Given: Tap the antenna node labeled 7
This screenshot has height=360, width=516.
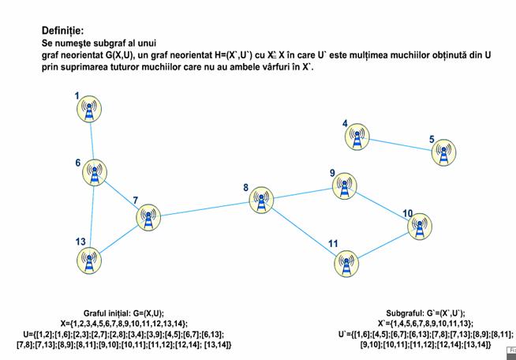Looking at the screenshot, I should click(148, 216).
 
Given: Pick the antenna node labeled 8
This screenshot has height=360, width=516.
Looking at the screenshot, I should click(262, 201).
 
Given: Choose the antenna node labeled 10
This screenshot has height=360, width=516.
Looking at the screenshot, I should click(420, 225).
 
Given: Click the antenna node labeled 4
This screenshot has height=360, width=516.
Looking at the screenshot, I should click(357, 137).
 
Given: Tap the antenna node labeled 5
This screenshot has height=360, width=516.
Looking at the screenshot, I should click(445, 152).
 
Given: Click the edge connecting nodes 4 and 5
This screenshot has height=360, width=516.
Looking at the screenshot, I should click(401, 144).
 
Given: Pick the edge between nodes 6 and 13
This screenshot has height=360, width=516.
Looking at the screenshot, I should click(92, 215).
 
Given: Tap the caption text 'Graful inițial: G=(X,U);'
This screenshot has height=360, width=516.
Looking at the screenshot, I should click(124, 313).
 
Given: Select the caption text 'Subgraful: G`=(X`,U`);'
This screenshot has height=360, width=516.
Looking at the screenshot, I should click(425, 313).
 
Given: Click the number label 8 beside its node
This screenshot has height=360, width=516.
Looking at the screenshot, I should click(245, 188).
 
